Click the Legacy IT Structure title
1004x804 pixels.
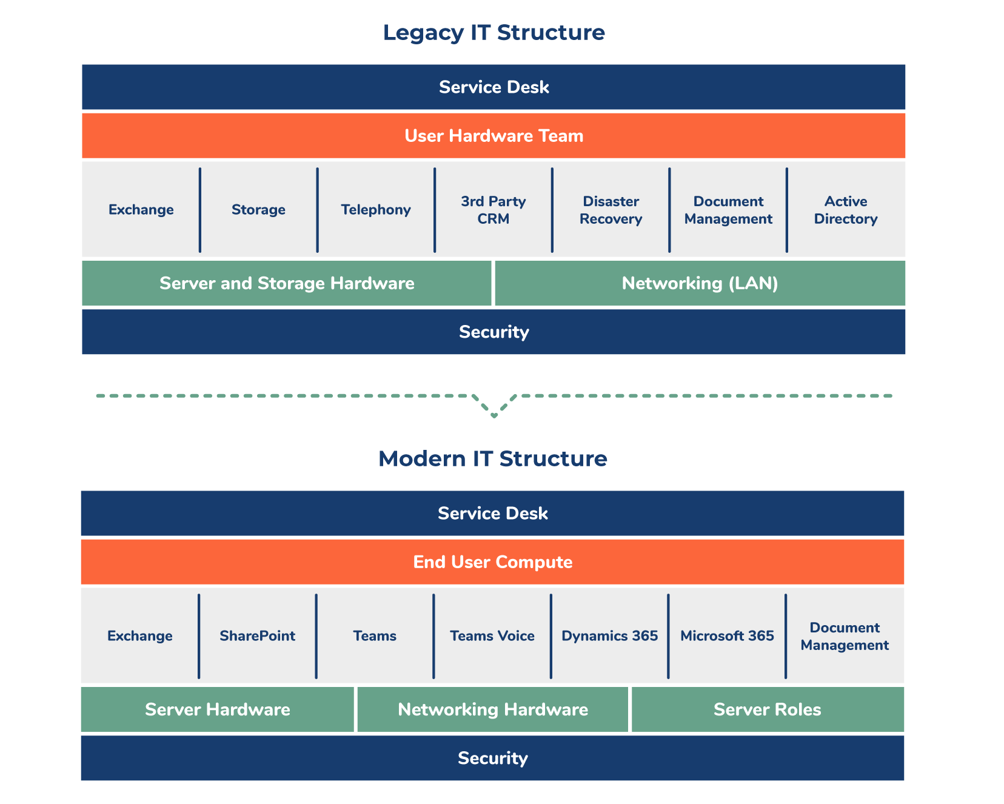[494, 33]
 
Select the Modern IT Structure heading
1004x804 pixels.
[492, 459]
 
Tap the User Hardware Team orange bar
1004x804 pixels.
[494, 136]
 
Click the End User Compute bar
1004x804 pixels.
[492, 562]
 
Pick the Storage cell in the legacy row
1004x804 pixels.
[258, 210]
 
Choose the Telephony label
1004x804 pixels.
[376, 210]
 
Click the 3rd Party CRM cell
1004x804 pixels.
[493, 210]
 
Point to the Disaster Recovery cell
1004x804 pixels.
[611, 210]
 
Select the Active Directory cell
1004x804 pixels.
[846, 210]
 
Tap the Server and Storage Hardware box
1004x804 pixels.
[287, 283]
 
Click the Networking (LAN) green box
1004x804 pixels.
[700, 283]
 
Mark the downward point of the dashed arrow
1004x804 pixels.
[494, 415]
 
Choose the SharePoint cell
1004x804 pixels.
[257, 636]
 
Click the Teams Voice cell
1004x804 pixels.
[492, 636]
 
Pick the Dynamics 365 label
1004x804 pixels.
[609, 636]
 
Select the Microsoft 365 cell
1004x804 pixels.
[727, 636]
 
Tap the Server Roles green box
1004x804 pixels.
[767, 709]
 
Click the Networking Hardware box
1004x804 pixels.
[492, 709]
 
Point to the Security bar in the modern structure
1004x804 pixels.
[492, 758]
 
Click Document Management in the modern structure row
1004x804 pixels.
[845, 636]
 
